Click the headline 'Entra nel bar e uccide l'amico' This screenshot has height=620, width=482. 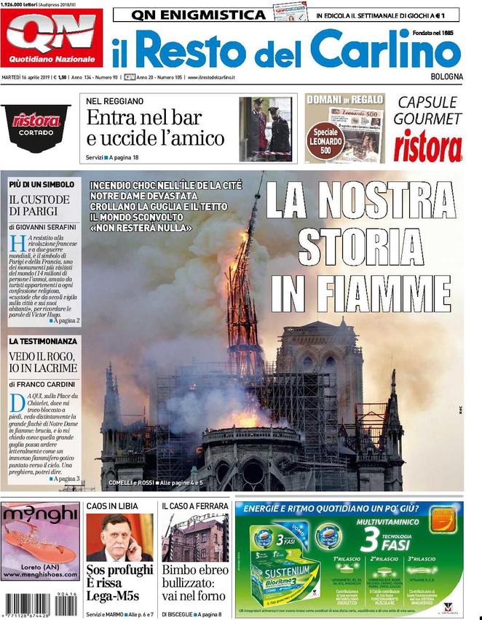(155, 127)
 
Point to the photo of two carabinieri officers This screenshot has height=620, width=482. (265, 129)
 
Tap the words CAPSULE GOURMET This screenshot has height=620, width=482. (428, 110)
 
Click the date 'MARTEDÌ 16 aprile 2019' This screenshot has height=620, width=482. (31, 77)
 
